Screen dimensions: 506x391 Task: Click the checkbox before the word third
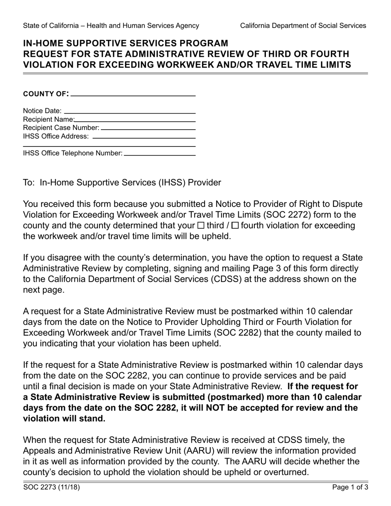201,225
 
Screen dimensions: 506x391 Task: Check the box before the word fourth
235,225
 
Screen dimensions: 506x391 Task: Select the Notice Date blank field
130,112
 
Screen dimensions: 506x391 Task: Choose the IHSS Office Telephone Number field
159,154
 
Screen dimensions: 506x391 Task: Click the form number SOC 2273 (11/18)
51,488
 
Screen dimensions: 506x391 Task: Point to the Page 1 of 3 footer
350,488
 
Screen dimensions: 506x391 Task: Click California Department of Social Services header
303,26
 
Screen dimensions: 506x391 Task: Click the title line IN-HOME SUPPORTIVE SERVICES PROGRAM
126,43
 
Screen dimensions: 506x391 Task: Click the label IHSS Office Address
56,136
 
